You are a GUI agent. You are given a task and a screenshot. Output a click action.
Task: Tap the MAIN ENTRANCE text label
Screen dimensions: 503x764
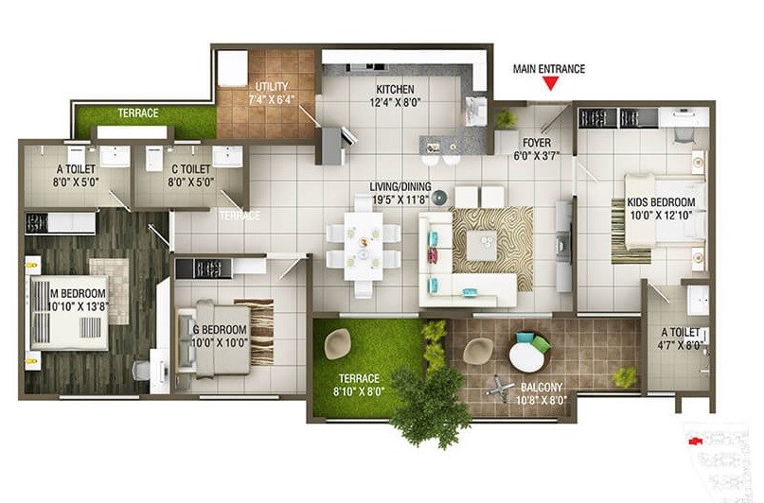click(x=549, y=68)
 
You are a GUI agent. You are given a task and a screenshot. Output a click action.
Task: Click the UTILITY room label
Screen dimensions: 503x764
click(x=272, y=87)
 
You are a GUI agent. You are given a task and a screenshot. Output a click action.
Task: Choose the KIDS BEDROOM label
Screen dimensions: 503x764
click(x=660, y=202)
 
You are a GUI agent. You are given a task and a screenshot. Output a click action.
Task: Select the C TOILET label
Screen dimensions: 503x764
click(x=191, y=171)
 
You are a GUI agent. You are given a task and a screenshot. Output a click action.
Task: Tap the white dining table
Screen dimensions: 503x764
click(x=364, y=243)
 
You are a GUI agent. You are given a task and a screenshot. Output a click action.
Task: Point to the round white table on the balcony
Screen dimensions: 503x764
click(x=526, y=356)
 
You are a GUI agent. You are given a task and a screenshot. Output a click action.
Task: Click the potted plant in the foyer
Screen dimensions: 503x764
click(x=507, y=119)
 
